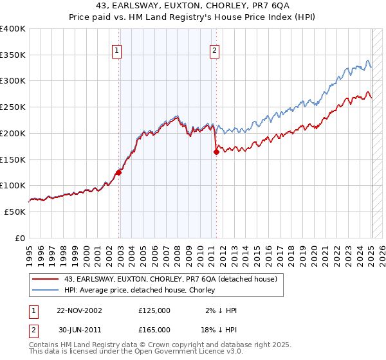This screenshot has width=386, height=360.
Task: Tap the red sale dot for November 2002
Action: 119,172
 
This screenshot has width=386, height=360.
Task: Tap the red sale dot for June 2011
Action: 216,152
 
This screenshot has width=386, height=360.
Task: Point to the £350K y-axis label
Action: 13,55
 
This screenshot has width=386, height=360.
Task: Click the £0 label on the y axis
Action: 20,238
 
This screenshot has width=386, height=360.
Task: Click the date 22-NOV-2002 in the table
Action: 80,310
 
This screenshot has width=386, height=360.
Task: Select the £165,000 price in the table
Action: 154,329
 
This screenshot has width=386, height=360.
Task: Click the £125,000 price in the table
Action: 154,310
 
